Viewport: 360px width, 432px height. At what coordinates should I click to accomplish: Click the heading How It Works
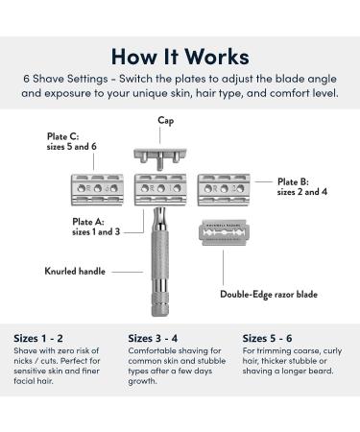(180, 56)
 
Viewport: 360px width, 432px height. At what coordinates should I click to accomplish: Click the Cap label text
(165, 121)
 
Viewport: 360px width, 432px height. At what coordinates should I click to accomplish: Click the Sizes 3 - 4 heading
(157, 337)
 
